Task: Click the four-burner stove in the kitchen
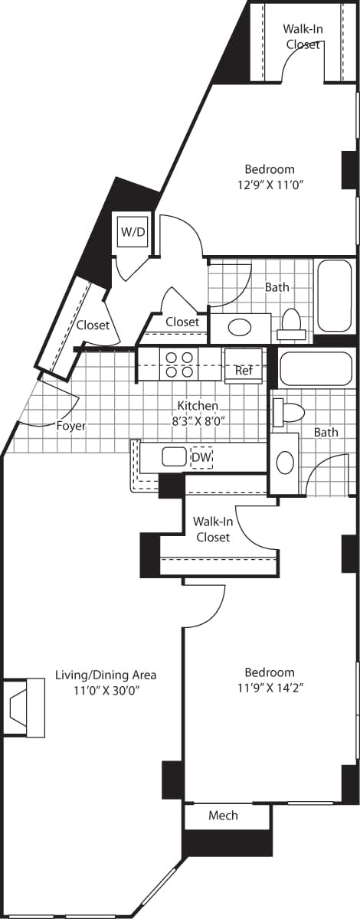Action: point(178,364)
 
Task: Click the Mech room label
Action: point(223,816)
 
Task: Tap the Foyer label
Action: point(70,426)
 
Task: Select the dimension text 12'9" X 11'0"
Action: point(269,184)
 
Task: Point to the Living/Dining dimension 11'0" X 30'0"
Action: point(106,689)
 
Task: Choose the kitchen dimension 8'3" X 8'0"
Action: point(198,419)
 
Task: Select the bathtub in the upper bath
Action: point(334,296)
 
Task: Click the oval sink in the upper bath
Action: point(240,328)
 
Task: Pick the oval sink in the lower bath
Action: point(284,462)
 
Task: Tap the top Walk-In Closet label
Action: point(302,36)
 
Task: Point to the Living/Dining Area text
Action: point(106,675)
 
